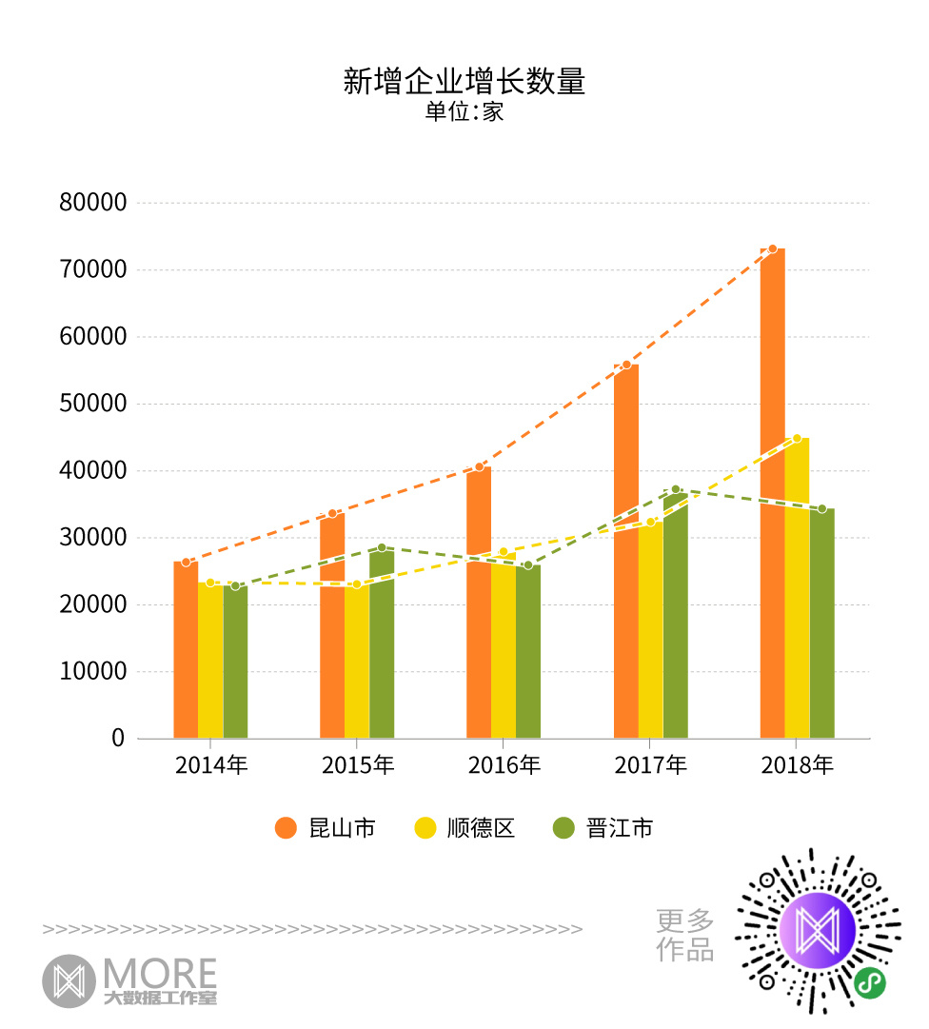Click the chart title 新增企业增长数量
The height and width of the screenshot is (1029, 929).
click(464, 81)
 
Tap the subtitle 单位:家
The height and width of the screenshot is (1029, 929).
click(464, 111)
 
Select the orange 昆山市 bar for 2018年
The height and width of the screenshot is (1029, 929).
click(772, 495)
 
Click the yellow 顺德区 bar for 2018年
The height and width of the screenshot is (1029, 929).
click(797, 590)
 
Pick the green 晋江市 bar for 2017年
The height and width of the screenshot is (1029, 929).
click(676, 619)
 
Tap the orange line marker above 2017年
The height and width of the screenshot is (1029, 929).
click(626, 365)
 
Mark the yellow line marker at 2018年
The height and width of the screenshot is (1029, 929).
click(797, 438)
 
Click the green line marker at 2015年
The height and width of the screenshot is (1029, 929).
click(382, 547)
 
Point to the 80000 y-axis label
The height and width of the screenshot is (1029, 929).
click(91, 203)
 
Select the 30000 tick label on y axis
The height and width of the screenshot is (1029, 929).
click(91, 538)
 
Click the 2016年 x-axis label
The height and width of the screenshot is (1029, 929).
click(504, 764)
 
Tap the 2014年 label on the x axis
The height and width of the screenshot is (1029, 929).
click(210, 764)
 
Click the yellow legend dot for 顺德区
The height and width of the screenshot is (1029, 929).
click(425, 828)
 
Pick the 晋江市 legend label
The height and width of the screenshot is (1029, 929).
click(620, 828)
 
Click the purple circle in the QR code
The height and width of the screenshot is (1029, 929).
click(817, 931)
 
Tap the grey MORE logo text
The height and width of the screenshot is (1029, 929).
click(160, 973)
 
